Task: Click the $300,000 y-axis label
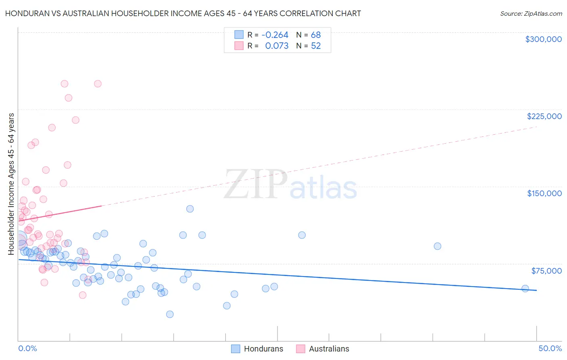pyautogui.click(x=543, y=39)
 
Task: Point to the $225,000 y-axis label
pyautogui.click(x=544, y=116)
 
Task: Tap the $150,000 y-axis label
pyautogui.click(x=544, y=193)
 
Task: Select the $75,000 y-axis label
pyautogui.click(x=546, y=271)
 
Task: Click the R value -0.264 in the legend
pyautogui.click(x=275, y=35)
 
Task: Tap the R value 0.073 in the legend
pyautogui.click(x=277, y=46)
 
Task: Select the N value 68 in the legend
pyautogui.click(x=316, y=35)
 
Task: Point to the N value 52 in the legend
pyautogui.click(x=316, y=46)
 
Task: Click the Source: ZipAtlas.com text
pyautogui.click(x=531, y=14)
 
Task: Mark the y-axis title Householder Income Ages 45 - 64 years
pyautogui.click(x=11, y=184)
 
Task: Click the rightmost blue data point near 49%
pyautogui.click(x=525, y=289)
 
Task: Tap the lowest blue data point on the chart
pyautogui.click(x=170, y=314)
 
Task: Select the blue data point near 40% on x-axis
pyautogui.click(x=438, y=246)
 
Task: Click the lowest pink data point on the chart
pyautogui.click(x=83, y=295)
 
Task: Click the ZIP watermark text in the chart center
pyautogui.click(x=255, y=184)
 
